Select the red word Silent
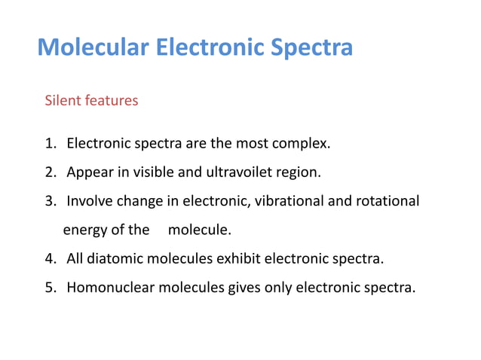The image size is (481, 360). pos(63,99)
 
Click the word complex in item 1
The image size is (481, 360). pos(304,143)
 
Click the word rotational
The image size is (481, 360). pos(388,201)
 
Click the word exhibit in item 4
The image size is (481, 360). pos(238,260)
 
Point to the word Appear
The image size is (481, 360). pos(87,172)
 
